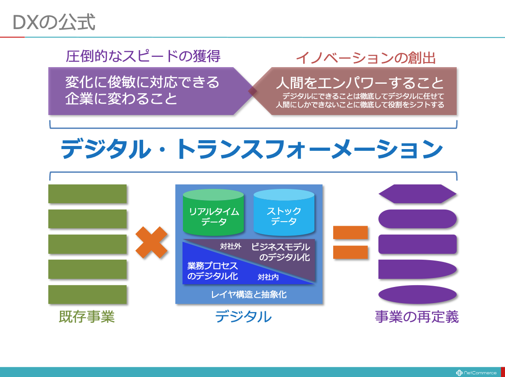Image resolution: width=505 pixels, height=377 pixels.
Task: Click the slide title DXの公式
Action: (x=54, y=22)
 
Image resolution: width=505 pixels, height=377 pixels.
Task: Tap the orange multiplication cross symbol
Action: (x=151, y=243)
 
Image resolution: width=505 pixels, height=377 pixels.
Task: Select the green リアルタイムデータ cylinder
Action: (x=213, y=212)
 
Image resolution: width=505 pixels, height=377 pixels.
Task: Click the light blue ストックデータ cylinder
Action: (x=284, y=212)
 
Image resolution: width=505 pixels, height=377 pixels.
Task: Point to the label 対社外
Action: (x=231, y=246)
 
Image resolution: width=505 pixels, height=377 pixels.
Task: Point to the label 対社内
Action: (x=268, y=277)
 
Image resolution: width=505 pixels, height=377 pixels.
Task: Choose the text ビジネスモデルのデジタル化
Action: (x=281, y=252)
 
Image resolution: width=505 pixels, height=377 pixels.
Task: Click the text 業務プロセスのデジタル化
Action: (x=212, y=271)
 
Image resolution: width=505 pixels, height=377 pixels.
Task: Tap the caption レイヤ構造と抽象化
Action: (x=249, y=295)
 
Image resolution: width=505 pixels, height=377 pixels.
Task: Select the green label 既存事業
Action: (x=87, y=317)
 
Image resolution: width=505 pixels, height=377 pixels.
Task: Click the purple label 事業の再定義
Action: (x=417, y=317)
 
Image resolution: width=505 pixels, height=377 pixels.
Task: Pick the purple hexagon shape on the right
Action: (x=417, y=194)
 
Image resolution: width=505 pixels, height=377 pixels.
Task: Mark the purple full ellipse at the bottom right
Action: (x=417, y=295)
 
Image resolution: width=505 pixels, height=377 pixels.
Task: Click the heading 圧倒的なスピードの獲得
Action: (x=143, y=56)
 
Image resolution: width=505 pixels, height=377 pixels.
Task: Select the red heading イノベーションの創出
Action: (x=365, y=58)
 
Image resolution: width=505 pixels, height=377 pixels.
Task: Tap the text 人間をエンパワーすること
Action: (x=360, y=83)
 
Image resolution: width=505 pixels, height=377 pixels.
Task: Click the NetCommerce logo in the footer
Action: (x=476, y=373)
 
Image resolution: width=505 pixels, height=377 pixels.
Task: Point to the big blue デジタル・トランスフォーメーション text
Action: (x=252, y=149)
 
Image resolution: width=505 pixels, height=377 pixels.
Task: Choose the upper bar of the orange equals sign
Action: (x=350, y=232)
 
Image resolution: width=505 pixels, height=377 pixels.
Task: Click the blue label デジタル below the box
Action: (x=243, y=317)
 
